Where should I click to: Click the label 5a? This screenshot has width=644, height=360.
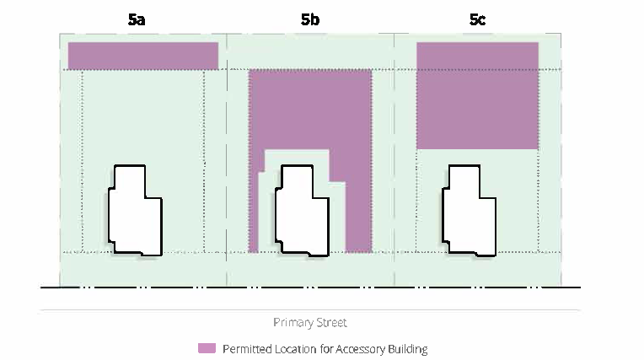click(137, 19)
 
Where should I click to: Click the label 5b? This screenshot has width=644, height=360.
click(309, 19)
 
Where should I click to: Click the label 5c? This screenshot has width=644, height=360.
click(476, 19)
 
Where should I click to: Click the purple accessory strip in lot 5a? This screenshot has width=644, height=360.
click(143, 56)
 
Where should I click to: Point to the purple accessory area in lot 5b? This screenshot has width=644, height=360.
click(310, 110)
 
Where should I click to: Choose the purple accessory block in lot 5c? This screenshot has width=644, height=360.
click(477, 95)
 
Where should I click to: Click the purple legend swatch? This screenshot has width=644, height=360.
click(207, 348)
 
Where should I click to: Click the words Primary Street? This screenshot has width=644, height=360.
click(310, 323)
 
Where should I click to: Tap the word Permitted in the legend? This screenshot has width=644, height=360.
click(245, 349)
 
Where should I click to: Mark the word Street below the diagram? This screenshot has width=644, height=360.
click(330, 323)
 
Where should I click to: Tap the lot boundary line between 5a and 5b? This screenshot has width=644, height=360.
click(228, 169)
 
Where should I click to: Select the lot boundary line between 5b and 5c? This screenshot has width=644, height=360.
click(394, 169)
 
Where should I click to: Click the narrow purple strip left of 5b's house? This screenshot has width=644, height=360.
click(254, 211)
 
